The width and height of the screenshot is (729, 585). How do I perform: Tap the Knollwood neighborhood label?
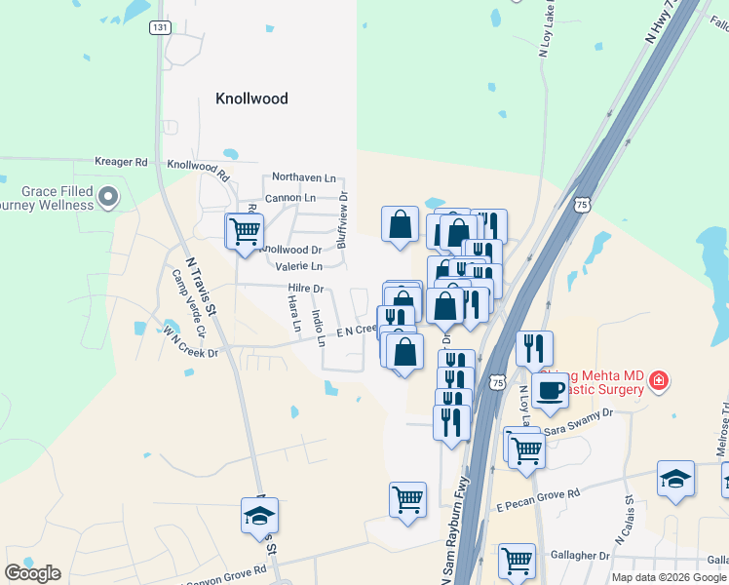tap(251, 98)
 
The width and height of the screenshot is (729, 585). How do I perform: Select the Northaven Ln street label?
tap(303, 177)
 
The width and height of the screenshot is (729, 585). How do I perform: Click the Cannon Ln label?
tap(290, 198)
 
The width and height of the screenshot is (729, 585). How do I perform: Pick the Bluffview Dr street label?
tap(343, 219)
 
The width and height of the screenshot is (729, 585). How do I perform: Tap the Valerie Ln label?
tap(298, 266)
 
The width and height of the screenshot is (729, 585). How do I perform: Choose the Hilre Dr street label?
tap(305, 289)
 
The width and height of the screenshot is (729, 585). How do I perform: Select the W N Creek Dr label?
tap(191, 348)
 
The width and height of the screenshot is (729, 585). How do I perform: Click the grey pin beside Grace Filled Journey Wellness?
tap(109, 198)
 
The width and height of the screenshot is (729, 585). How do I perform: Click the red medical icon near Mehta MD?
tap(659, 380)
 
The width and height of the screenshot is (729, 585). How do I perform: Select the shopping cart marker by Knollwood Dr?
tap(244, 231)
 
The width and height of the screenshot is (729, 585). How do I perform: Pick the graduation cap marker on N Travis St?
tap(259, 516)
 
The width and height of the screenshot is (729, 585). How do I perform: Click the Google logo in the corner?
tap(32, 573)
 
